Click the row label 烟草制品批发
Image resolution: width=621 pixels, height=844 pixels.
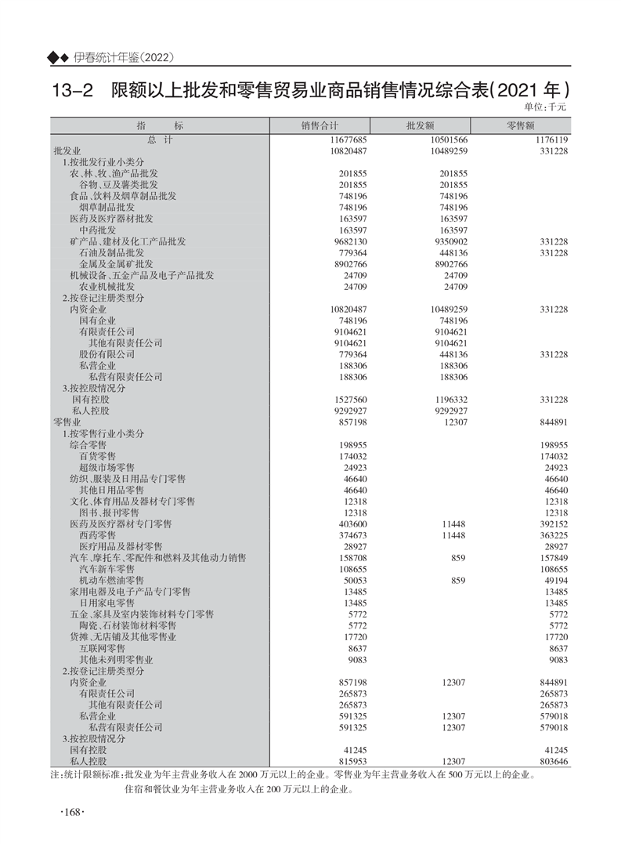(107, 207)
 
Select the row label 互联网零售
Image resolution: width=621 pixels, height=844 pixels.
(102, 649)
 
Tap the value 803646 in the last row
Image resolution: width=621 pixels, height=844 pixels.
(551, 761)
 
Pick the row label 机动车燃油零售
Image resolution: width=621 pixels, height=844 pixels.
(111, 580)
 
